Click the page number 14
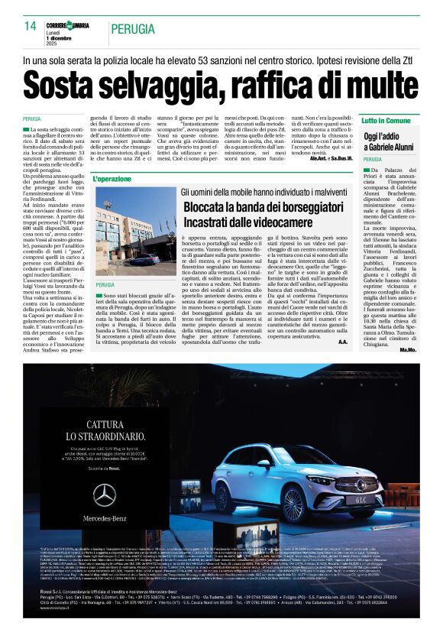31,26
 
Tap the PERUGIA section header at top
132,29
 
